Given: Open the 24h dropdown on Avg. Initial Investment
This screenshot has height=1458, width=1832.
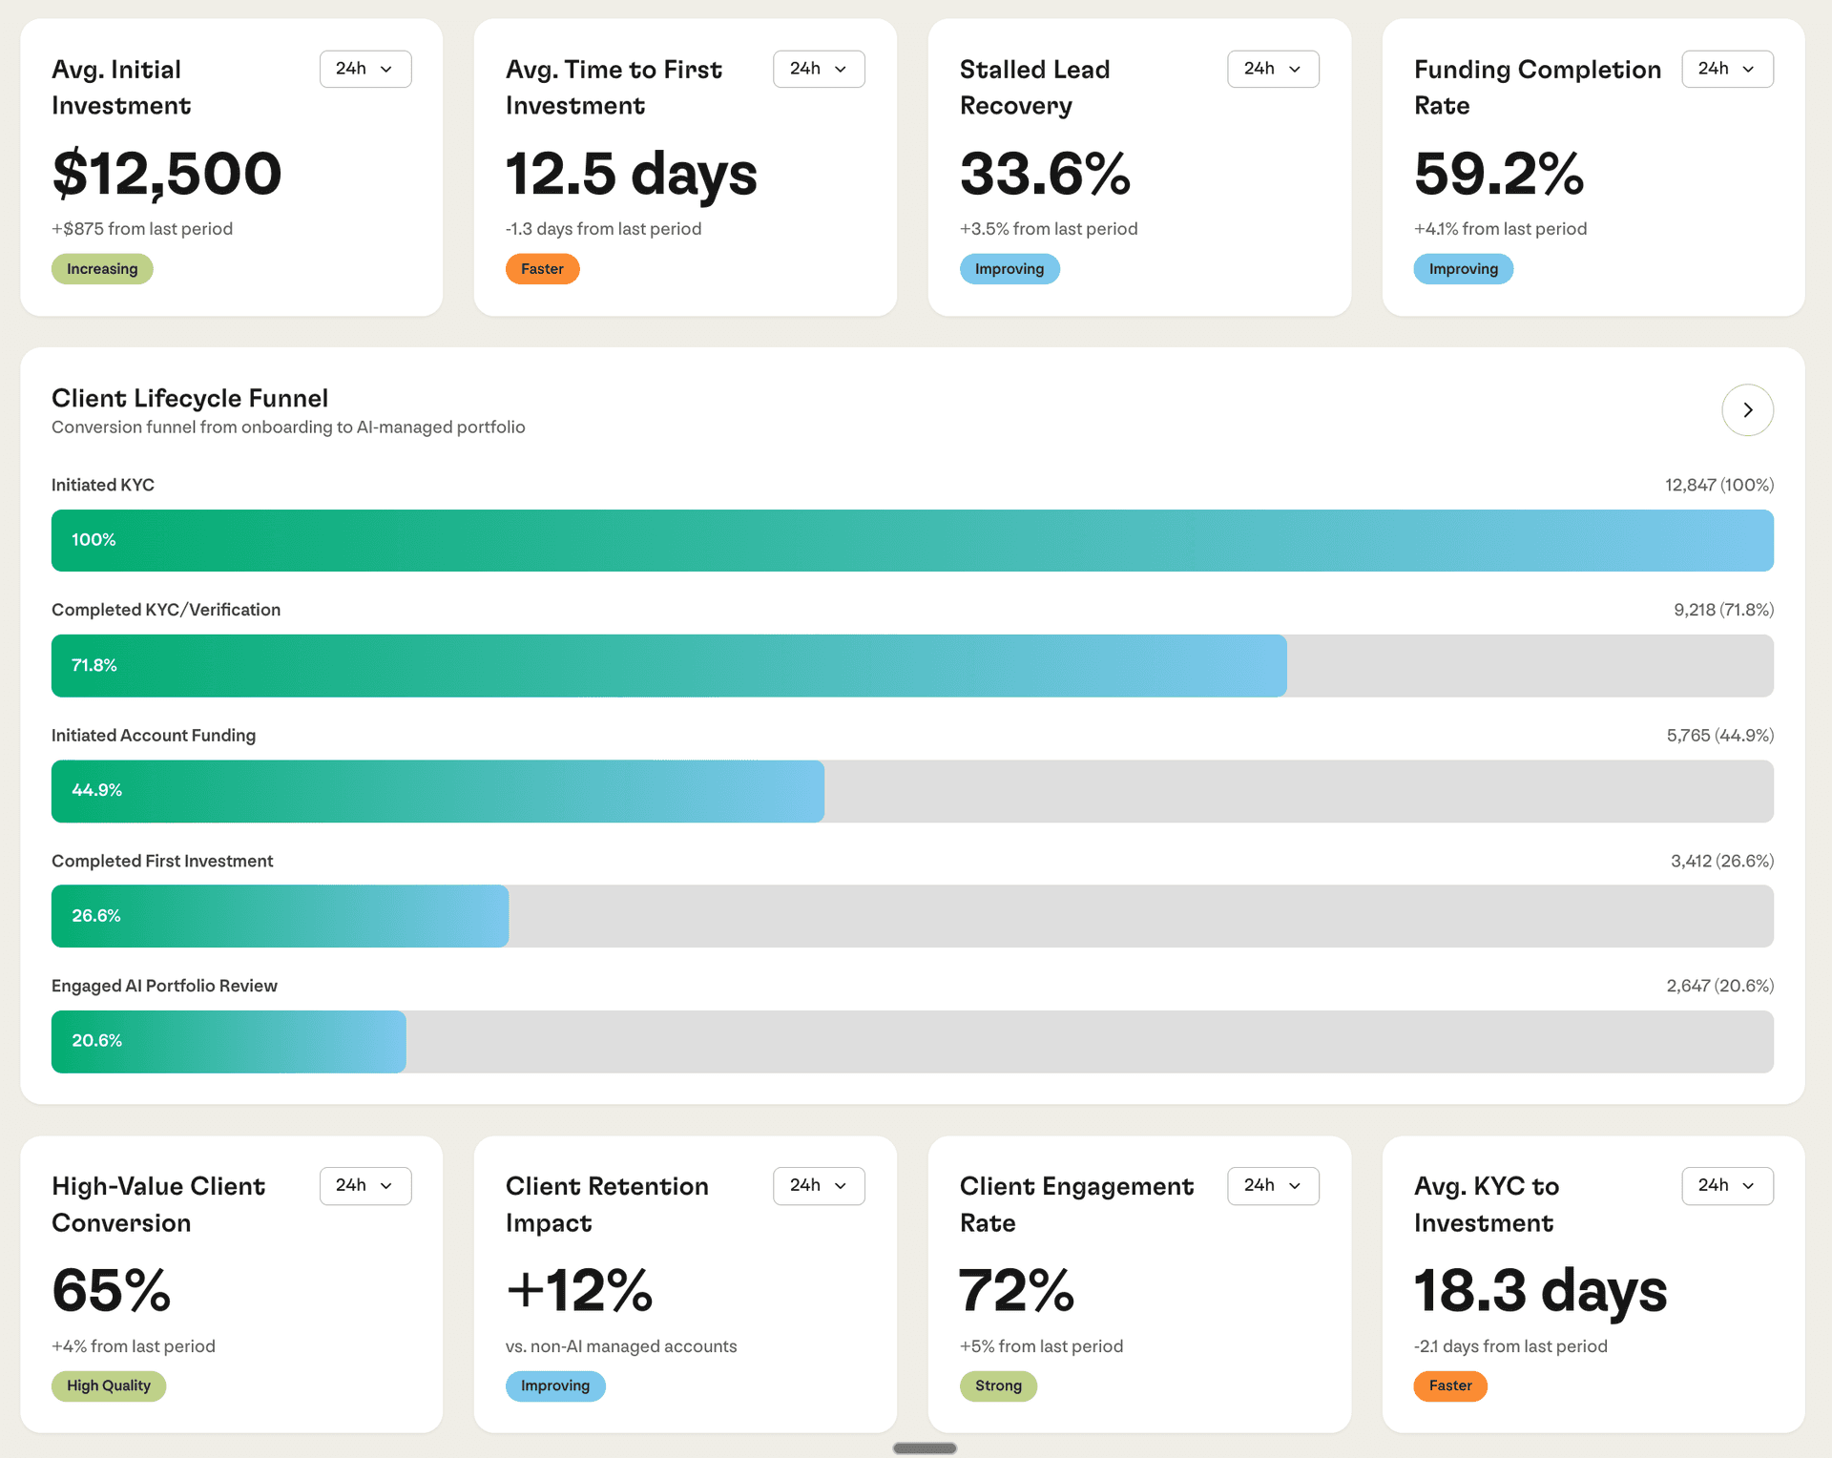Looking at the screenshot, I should click(x=364, y=69).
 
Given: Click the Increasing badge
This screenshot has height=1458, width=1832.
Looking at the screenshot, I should click(x=102, y=269).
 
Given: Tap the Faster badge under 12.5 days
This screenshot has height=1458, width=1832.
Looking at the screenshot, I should click(x=542, y=269).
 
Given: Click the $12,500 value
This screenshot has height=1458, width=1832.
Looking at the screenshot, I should click(x=167, y=174).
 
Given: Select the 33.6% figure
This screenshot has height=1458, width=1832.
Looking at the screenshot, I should click(x=1045, y=174).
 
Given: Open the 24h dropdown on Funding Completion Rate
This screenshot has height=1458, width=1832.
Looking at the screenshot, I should click(x=1726, y=69).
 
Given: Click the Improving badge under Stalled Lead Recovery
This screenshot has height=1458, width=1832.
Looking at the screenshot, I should click(x=1009, y=269).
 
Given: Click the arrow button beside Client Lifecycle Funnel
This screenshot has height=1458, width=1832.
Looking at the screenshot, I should click(x=1747, y=410).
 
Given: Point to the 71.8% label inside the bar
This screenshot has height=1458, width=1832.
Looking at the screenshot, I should click(x=94, y=665).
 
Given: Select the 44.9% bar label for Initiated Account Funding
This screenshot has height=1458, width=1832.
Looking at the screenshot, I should click(x=96, y=790).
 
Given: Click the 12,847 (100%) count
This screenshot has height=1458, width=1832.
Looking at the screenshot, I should click(x=1718, y=485).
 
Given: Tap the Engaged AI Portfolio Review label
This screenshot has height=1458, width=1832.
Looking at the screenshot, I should click(x=164, y=986).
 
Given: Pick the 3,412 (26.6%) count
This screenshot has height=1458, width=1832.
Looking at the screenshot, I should click(x=1721, y=861).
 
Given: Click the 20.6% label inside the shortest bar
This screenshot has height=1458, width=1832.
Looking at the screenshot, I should click(x=96, y=1041).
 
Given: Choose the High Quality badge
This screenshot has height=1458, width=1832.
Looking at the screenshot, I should click(x=109, y=1385).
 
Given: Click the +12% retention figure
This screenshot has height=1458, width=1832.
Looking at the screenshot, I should click(x=579, y=1290).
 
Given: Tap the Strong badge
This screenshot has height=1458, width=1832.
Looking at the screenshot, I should click(x=998, y=1385).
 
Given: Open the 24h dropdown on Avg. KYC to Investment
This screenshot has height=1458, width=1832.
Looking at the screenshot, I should click(x=1726, y=1185).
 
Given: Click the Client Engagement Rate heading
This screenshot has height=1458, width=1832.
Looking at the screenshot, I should click(x=1075, y=1204).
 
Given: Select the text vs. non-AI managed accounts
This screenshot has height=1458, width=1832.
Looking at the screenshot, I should click(x=621, y=1346).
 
